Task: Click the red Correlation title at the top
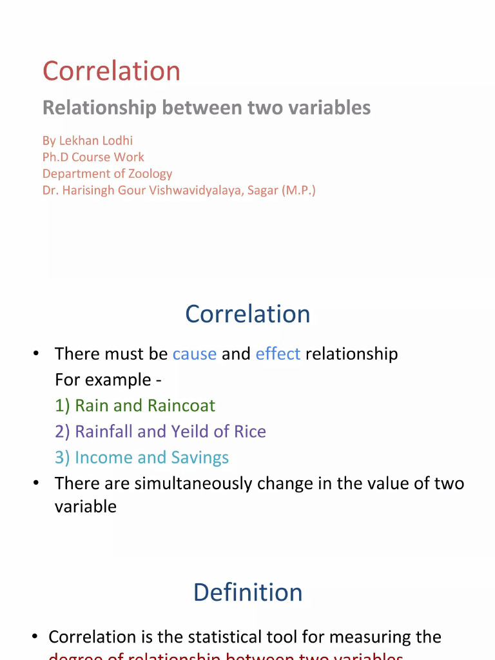(x=112, y=72)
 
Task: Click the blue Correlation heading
(x=247, y=315)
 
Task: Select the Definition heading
(x=247, y=592)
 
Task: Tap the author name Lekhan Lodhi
(x=96, y=141)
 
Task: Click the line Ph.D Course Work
(x=93, y=157)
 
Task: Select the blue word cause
(x=194, y=354)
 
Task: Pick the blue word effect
(x=278, y=354)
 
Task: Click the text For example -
(x=108, y=380)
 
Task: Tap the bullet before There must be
(x=37, y=353)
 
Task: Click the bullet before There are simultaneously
(x=37, y=483)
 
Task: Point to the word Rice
(x=250, y=431)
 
